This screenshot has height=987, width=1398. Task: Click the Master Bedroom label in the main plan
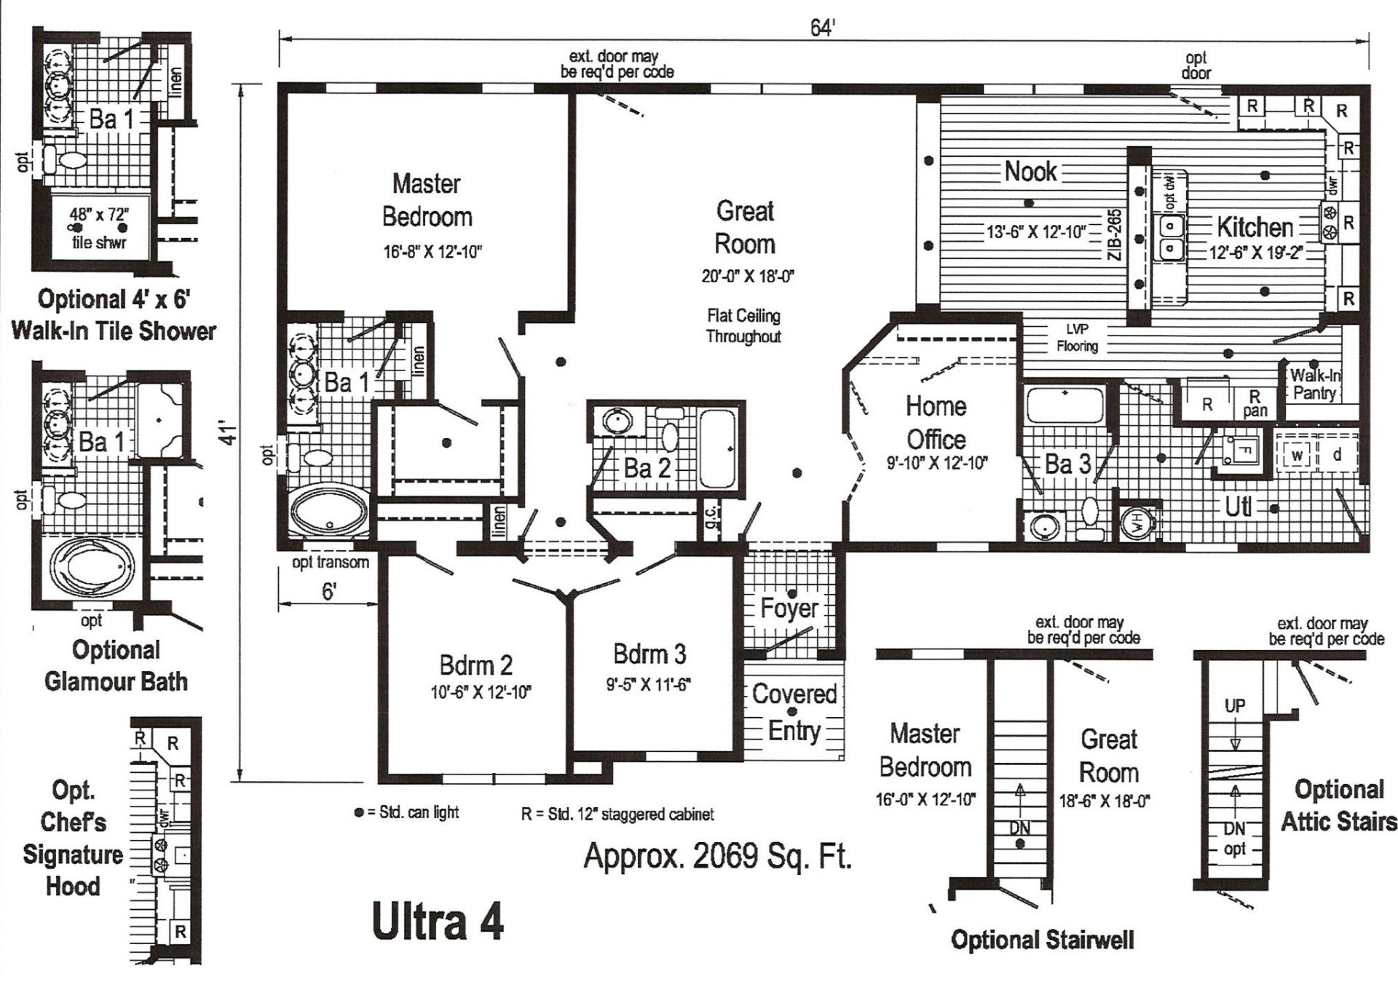pos(427,200)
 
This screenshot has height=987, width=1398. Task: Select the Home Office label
pos(936,423)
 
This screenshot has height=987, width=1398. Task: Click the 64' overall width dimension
pos(822,28)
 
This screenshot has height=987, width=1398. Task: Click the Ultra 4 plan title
pos(438,922)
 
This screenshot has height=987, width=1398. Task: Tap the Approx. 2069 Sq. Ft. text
pos(717,857)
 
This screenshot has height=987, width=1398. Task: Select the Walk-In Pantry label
pos(1314,384)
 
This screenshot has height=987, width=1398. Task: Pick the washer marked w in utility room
pos(1297,456)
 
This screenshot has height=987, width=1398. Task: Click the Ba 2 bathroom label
pos(647,468)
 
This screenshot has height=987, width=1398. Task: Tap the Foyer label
pos(789,608)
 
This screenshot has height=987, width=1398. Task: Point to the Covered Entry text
pos(794,712)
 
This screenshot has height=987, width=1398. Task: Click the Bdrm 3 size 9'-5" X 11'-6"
pos(649,685)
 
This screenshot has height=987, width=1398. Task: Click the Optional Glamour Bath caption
pos(116,665)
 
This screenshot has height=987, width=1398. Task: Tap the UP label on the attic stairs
pos(1235,705)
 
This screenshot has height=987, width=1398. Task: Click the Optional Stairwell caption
pos(1042,940)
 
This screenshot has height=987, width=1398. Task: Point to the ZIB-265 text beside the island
pos(1115,237)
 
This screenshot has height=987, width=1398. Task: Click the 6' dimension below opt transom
pos(328,592)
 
